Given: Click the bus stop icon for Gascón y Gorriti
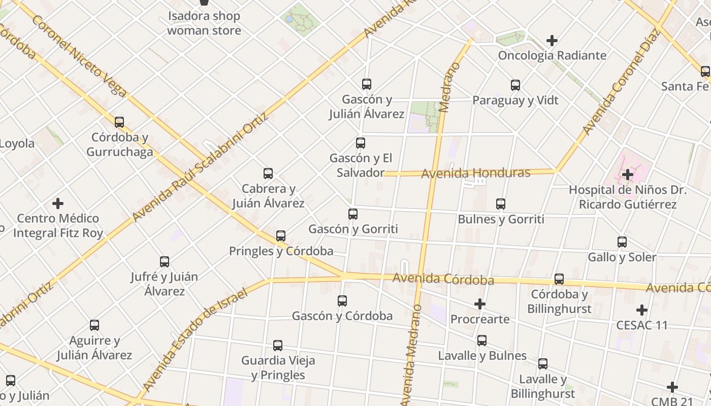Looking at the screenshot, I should click(x=353, y=214).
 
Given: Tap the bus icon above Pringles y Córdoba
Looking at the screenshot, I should click(x=280, y=236).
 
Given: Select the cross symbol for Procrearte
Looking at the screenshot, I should click(x=479, y=304).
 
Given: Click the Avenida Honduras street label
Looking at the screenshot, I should click(x=475, y=173).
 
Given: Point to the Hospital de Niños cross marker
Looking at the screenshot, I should click(x=628, y=175).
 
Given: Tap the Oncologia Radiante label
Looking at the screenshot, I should click(x=552, y=55).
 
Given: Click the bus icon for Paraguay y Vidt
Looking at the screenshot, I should click(x=515, y=85).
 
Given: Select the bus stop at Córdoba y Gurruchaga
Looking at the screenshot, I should click(x=119, y=122).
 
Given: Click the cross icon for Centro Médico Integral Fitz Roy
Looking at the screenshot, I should click(x=58, y=204).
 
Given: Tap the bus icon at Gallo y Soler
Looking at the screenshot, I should click(x=622, y=242).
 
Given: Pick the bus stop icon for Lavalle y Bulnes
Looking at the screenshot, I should click(x=482, y=341).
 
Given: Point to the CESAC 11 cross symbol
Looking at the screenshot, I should click(x=642, y=310).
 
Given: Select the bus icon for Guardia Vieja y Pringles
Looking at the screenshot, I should click(x=278, y=346).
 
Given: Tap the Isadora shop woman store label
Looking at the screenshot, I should click(x=204, y=23).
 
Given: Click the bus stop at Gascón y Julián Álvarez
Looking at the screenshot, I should click(x=367, y=84).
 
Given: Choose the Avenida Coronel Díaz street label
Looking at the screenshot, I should click(x=621, y=82).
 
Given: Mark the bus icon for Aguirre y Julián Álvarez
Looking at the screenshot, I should click(x=94, y=325).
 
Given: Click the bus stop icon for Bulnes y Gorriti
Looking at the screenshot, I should click(x=501, y=204).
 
